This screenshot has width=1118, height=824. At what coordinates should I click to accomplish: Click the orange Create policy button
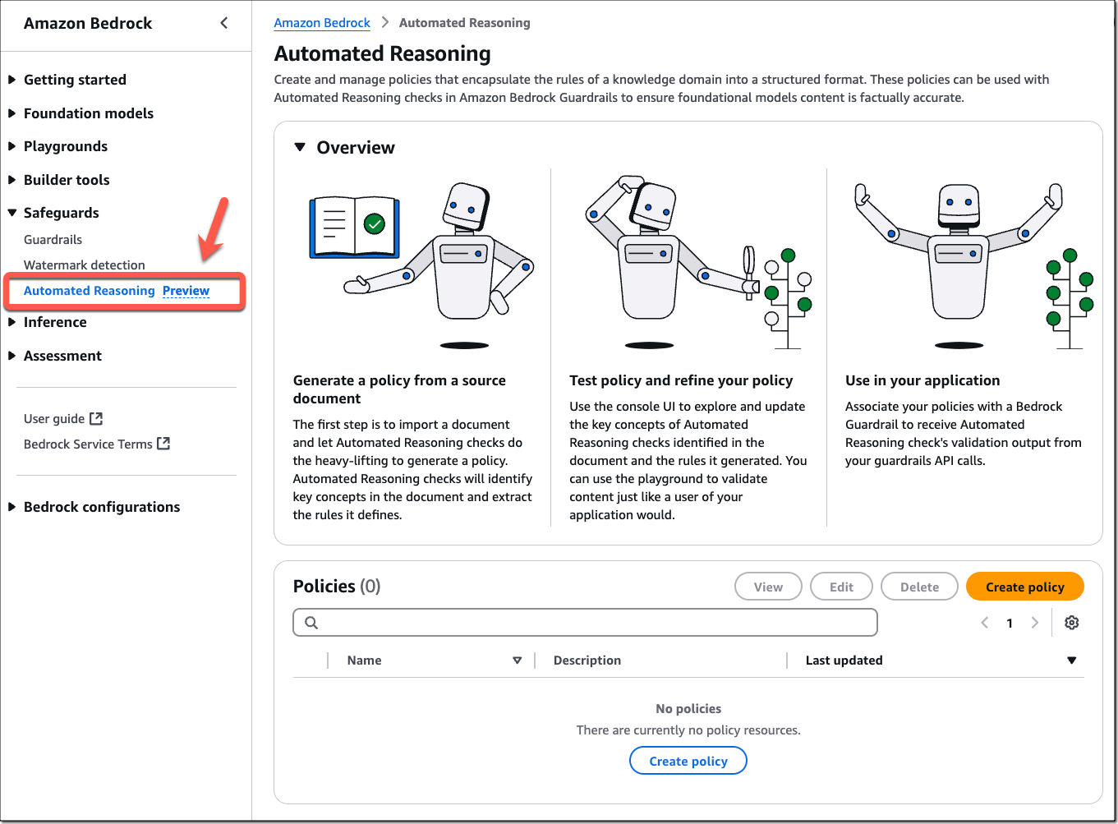point(1024,587)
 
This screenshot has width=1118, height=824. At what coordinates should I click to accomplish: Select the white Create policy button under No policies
point(688,761)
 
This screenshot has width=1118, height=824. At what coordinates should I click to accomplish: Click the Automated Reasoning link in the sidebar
point(90,291)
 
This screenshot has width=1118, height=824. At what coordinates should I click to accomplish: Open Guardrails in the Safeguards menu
point(53,240)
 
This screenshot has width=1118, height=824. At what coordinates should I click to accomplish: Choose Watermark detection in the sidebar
point(84,265)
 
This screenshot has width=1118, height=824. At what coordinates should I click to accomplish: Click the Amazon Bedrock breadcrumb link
point(322,23)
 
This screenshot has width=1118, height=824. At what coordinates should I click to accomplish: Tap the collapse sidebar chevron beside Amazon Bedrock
point(224,23)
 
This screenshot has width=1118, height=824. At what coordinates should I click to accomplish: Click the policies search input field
point(585,623)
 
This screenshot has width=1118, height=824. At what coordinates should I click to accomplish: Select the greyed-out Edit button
point(841,587)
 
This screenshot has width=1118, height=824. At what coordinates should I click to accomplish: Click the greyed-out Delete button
point(919,587)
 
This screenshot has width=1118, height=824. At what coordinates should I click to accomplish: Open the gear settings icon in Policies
point(1071,623)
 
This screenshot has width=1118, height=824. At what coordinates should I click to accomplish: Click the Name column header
point(365,661)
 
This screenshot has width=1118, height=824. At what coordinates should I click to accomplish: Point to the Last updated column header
point(844,661)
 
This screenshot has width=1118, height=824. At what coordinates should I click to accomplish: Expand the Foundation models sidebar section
point(88,113)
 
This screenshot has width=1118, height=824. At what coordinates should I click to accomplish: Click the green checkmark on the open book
point(375,223)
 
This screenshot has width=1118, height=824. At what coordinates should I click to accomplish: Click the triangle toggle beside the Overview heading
point(300,148)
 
